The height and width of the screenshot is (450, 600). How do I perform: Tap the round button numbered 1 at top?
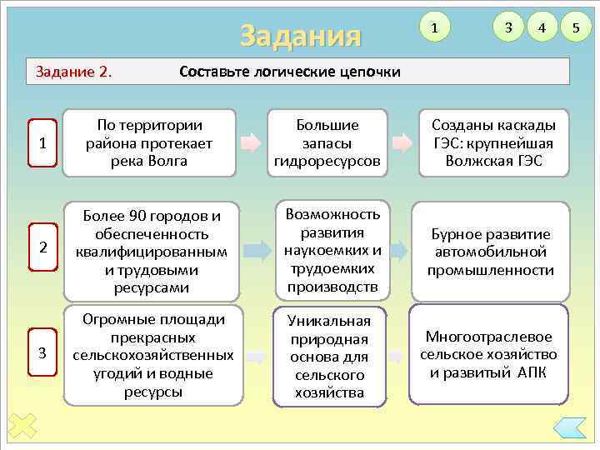click(432, 29)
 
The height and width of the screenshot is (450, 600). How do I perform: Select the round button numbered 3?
click(507, 29)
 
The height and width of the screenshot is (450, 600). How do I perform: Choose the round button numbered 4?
click(542, 29)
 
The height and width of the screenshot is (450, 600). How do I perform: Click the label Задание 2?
click(74, 71)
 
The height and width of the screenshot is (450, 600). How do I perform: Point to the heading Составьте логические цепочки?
click(290, 71)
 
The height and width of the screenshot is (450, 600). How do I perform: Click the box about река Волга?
click(149, 142)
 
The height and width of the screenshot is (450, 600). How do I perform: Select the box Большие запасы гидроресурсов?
click(327, 142)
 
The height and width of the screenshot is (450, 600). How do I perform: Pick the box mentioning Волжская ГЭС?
click(493, 142)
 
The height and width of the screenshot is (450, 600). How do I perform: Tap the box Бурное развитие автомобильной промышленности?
click(490, 251)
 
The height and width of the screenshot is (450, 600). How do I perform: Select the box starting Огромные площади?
click(149, 356)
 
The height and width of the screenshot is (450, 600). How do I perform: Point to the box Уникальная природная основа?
click(329, 356)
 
